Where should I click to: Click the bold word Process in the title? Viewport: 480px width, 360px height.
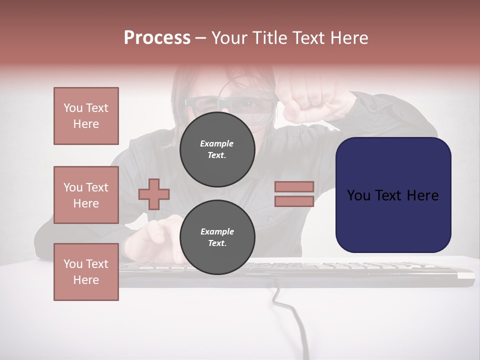click(157, 38)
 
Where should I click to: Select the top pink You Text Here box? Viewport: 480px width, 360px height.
click(86, 116)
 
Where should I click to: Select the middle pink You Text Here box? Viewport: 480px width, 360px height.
click(86, 195)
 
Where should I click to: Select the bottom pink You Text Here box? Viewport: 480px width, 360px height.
click(86, 272)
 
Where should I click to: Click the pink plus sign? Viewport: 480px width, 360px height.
click(154, 194)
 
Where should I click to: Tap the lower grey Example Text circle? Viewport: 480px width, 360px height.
click(217, 237)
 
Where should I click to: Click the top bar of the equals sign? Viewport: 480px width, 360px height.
click(294, 186)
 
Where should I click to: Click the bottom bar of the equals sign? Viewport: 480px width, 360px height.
click(294, 201)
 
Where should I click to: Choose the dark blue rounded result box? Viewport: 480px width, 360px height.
click(393, 195)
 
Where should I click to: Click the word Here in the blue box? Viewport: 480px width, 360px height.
click(423, 195)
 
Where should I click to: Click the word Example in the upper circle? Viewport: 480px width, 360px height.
click(217, 143)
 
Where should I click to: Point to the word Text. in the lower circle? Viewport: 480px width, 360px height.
click(217, 243)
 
